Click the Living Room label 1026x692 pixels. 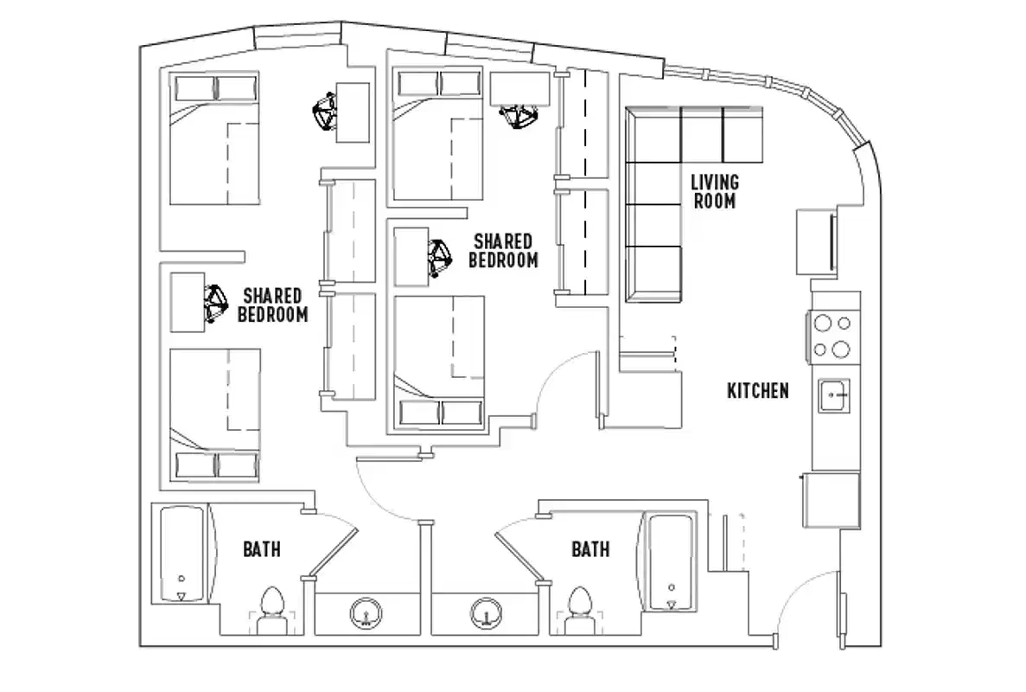point(714,191)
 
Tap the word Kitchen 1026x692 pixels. point(757,391)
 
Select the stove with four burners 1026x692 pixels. point(832,336)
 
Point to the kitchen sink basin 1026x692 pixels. point(834,396)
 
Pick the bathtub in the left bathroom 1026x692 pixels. point(182,554)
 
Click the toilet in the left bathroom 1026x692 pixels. point(271,605)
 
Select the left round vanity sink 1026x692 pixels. point(366,615)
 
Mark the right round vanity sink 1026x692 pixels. point(487,615)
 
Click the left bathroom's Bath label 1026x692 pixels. point(261,548)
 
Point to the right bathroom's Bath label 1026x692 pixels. point(590,548)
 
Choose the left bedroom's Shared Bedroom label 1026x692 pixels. point(272,304)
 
